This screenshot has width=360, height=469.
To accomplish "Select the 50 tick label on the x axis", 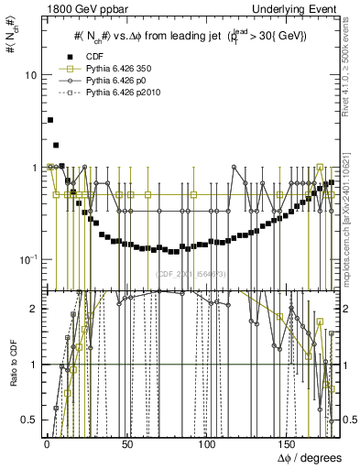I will tap(125, 443).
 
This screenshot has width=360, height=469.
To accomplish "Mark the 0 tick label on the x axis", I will tap(46, 443).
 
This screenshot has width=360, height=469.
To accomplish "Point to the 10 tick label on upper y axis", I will tap(30, 75).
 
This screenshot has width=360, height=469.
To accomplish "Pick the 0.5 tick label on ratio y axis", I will tap(29, 420).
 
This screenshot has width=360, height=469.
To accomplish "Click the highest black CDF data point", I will tap(50, 120).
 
